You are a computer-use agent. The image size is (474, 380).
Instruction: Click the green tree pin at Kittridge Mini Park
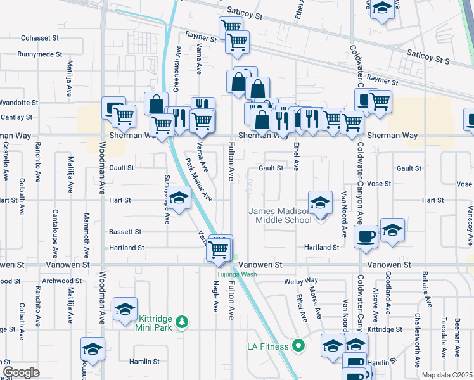[183, 322]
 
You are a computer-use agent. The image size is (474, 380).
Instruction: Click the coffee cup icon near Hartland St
[366, 237]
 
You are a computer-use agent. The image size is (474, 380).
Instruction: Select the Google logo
[21, 372]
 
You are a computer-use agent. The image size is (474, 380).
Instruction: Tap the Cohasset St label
[40, 38]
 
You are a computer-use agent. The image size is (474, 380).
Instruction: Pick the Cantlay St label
[16, 117]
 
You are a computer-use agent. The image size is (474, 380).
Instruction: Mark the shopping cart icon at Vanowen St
[219, 250]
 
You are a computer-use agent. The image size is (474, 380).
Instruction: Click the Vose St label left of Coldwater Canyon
[378, 184]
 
